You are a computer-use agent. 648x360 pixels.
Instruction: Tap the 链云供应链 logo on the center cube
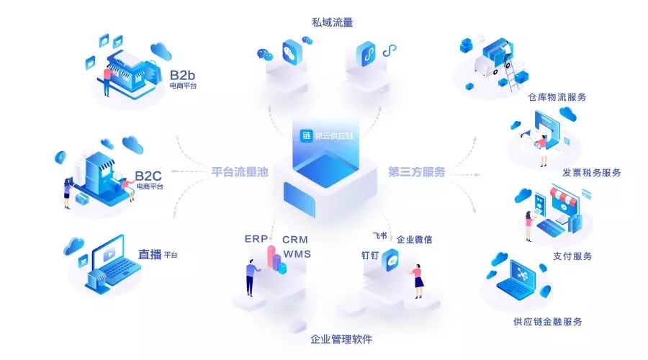[x=328, y=135]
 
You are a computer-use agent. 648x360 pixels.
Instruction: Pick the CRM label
[x=295, y=239]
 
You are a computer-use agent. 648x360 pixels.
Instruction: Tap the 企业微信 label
[x=415, y=239]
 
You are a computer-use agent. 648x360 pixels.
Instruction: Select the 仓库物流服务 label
[x=557, y=96]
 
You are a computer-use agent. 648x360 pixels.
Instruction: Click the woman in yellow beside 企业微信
[x=417, y=279]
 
